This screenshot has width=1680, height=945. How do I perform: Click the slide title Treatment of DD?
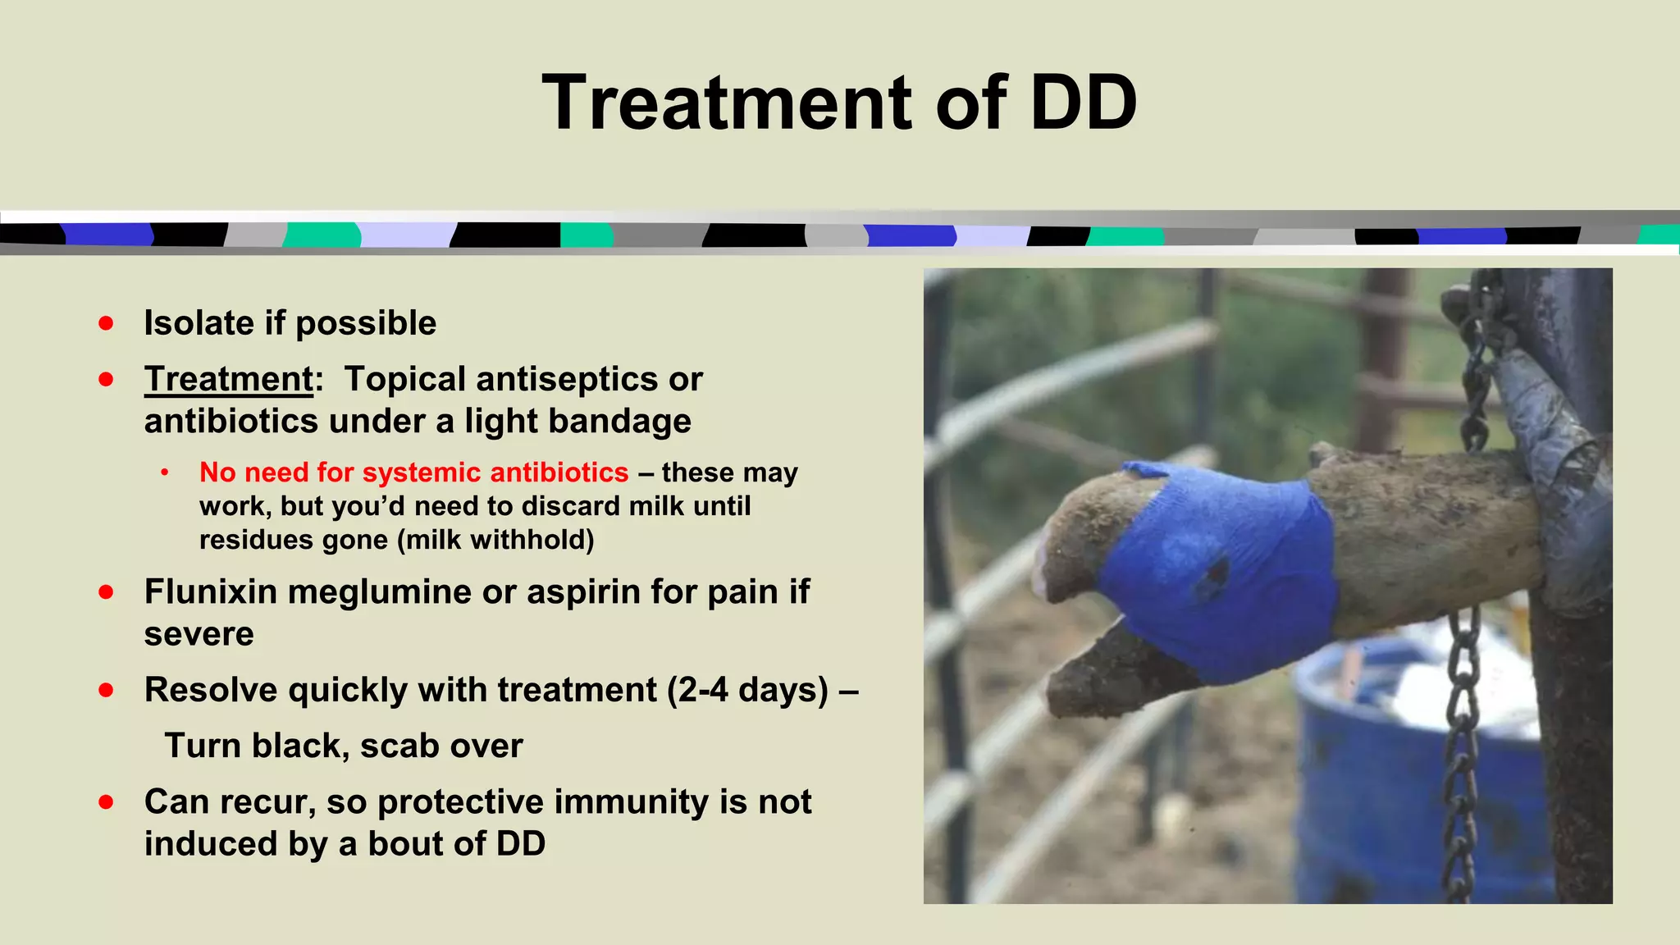pos(839,103)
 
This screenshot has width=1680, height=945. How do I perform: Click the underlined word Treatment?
pos(229,379)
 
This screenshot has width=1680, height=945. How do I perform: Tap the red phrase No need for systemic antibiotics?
pos(413,472)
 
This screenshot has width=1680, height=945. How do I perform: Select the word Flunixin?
pos(210,591)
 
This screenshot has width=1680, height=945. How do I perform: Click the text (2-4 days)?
pos(747,690)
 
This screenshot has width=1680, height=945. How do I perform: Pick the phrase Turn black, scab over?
pos(343,746)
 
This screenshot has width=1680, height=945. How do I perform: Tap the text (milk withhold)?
pos(495,540)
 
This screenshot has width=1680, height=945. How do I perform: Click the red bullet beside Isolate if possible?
pos(106,323)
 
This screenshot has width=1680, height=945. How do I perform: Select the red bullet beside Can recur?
pos(106,801)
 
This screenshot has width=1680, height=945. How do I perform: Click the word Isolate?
pos(199,323)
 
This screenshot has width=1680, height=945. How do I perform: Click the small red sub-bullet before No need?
pos(165,472)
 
